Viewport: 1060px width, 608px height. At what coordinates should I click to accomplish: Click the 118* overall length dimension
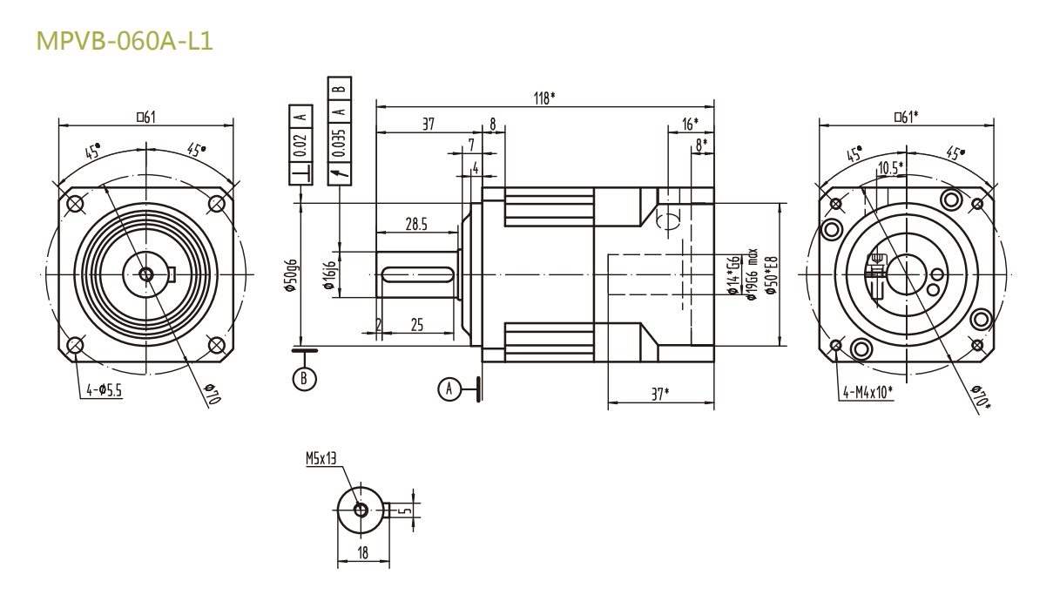pos(542,98)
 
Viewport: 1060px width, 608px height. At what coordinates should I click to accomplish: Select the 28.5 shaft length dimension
pos(416,225)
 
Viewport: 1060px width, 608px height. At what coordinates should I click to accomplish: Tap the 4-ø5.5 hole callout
pos(104,391)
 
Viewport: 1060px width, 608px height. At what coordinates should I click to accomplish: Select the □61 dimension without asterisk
pos(145,118)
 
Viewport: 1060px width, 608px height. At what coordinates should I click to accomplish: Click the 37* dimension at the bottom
pos(660,394)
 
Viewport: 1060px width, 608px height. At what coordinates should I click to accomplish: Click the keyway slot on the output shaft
pos(416,275)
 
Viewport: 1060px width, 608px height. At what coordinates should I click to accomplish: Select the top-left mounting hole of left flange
pos(76,204)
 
